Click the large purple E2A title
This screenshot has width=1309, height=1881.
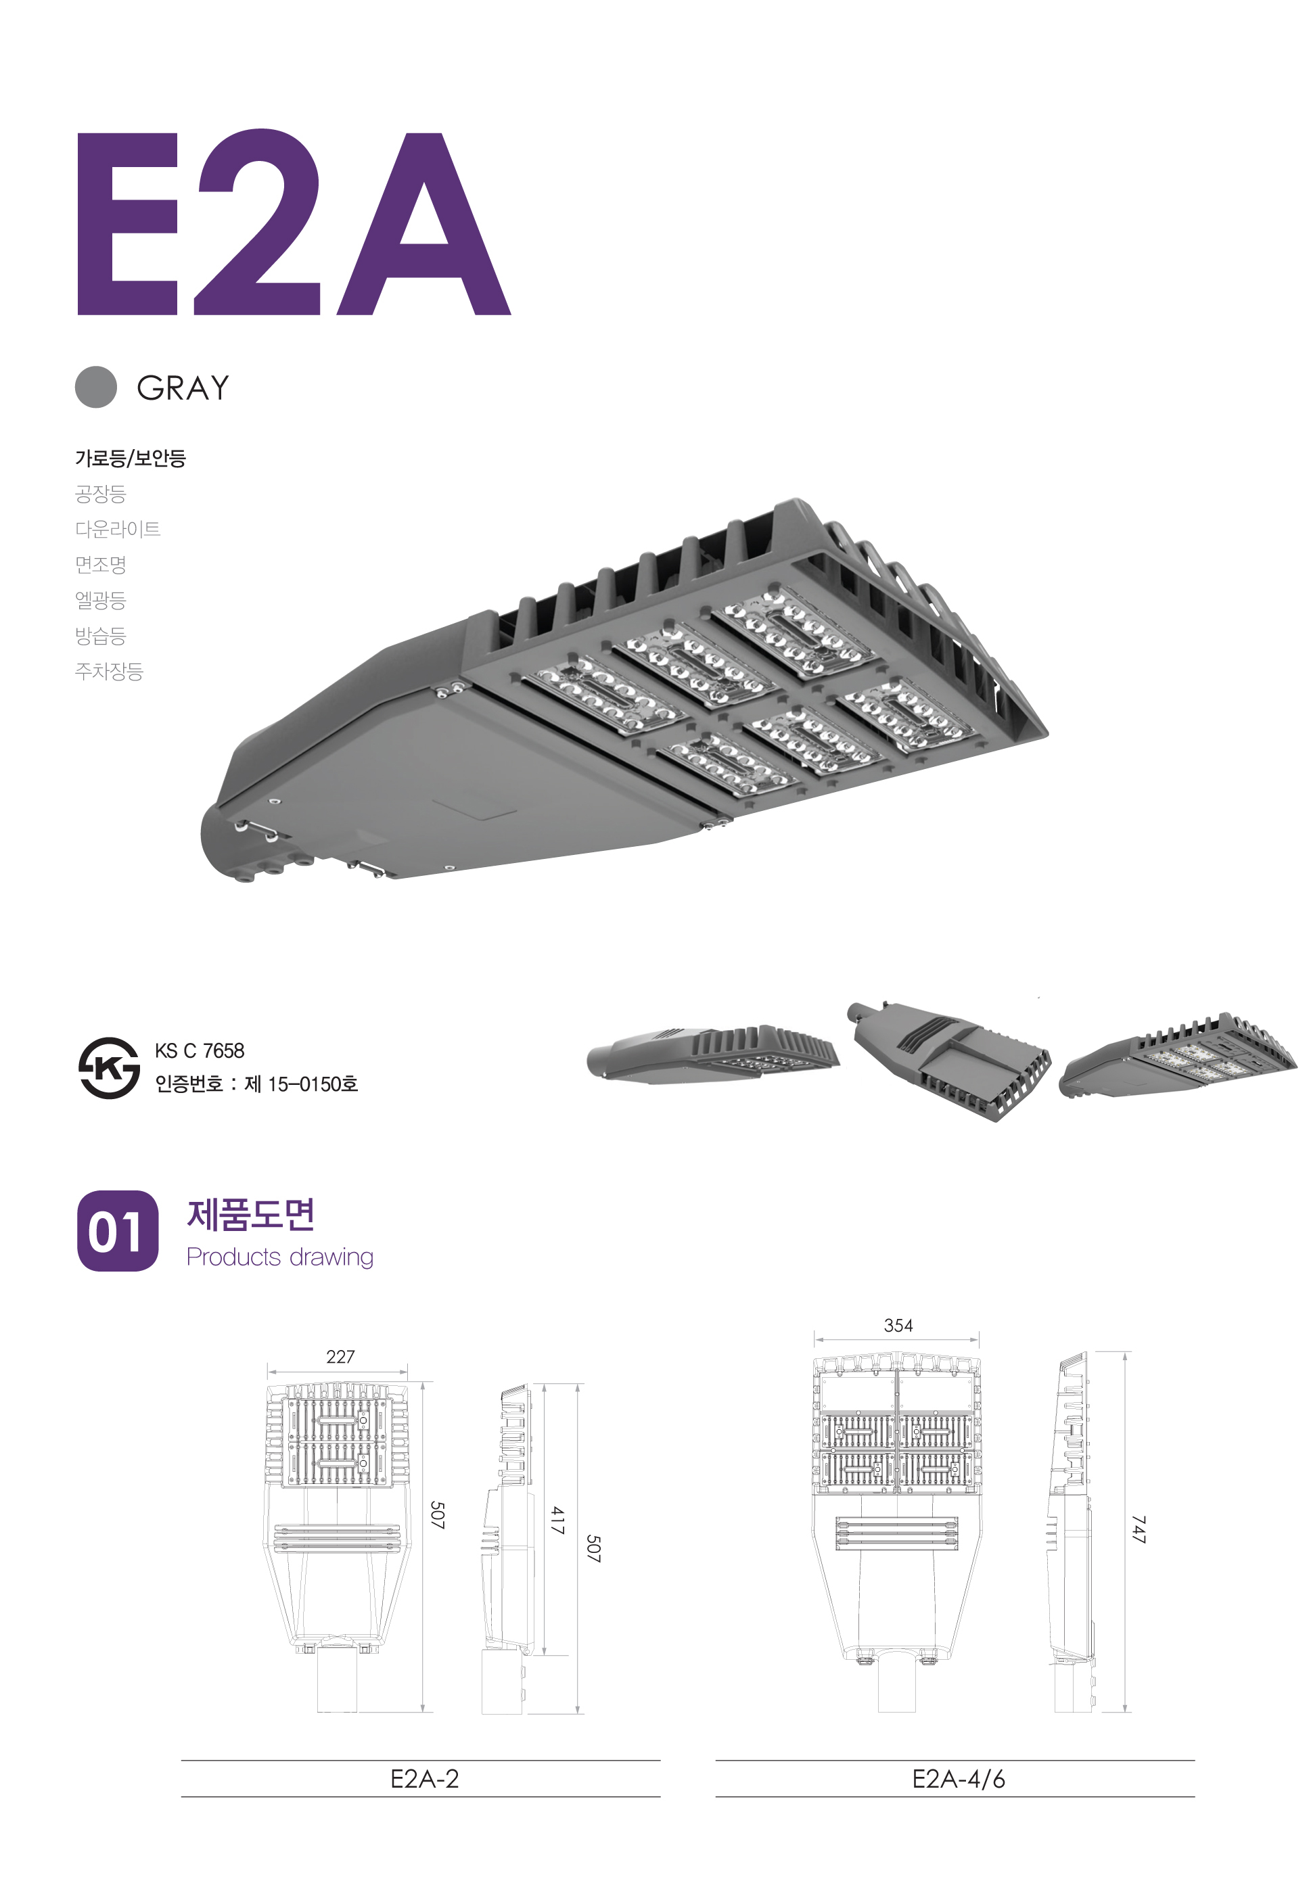293,222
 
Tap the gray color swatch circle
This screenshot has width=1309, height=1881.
96,387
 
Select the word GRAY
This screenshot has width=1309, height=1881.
183,388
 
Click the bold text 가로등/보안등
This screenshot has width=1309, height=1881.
131,458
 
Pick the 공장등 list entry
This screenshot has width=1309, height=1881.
101,494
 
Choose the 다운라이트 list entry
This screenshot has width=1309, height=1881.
118,529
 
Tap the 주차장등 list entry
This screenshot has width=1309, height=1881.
109,672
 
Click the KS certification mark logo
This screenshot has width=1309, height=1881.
109,1067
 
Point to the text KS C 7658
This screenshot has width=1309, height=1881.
199,1050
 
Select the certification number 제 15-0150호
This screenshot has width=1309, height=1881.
300,1084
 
